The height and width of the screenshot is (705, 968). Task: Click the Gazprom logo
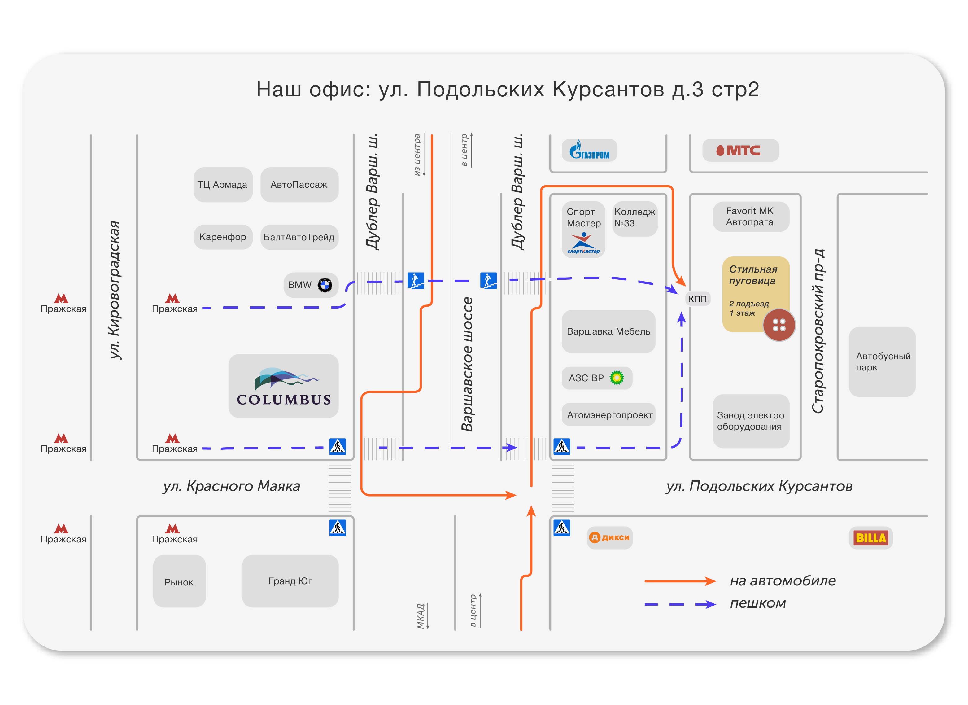click(x=589, y=150)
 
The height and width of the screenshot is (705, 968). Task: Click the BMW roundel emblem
click(x=325, y=285)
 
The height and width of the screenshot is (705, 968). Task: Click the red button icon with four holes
click(x=779, y=325)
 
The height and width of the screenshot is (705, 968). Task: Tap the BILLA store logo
click(x=871, y=538)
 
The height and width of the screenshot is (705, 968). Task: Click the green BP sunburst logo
click(x=617, y=378)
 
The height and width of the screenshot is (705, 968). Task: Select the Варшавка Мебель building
click(x=608, y=331)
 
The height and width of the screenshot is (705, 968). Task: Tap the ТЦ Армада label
click(x=222, y=185)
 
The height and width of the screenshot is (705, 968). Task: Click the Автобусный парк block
click(x=882, y=362)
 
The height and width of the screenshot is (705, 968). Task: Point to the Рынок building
click(x=179, y=581)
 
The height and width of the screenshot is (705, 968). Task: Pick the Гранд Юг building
click(x=290, y=581)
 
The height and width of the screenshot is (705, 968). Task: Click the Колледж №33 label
click(x=635, y=218)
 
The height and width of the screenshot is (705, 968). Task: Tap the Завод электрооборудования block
click(x=751, y=421)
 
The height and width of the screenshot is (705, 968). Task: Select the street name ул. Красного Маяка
click(x=231, y=486)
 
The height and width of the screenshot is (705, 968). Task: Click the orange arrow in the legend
click(x=680, y=581)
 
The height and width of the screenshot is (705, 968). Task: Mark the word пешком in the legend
click(x=757, y=603)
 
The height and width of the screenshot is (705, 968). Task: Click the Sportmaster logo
click(x=583, y=243)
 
